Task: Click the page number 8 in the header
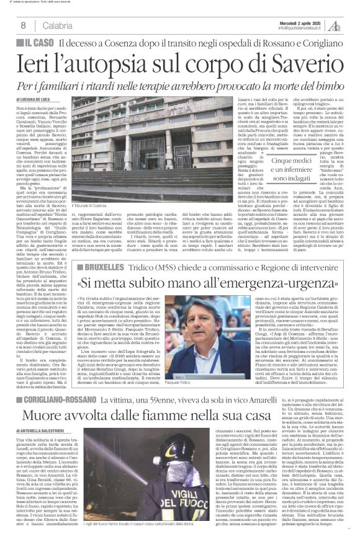pos(22,25)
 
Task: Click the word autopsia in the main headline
pos(124,63)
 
